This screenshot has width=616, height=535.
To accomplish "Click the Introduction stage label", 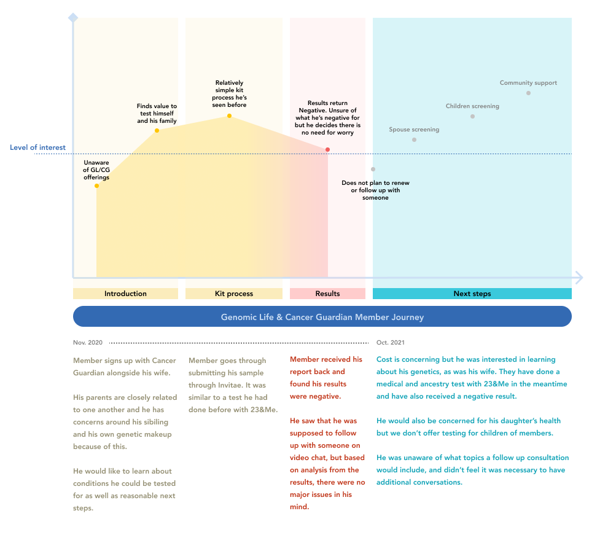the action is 125,294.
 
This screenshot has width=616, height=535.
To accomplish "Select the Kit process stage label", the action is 234,294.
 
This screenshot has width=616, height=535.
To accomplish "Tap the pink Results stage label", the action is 327,294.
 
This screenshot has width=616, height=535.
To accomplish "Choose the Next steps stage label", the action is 472,294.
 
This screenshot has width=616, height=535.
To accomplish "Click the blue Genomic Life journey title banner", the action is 322,316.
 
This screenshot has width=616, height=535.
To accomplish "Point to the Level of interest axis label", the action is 37,147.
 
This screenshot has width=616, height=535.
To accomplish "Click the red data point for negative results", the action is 327,150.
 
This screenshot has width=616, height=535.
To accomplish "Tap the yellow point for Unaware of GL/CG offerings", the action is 96,185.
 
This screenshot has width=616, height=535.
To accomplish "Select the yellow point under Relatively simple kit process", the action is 230,116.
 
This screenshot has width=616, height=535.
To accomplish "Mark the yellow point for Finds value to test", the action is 157,130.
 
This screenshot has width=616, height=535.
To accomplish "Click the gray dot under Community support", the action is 528,93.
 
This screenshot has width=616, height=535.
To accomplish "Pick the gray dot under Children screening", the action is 473,116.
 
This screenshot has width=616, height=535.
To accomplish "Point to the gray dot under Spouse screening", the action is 414,140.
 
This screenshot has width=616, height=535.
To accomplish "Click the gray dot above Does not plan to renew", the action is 373,170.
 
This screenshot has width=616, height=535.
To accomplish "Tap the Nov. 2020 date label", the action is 88,343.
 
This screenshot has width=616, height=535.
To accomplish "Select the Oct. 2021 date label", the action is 391,343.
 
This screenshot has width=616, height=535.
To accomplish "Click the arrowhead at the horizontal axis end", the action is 579,278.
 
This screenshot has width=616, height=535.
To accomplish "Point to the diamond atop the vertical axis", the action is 73,18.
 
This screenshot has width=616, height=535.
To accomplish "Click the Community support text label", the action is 528,83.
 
